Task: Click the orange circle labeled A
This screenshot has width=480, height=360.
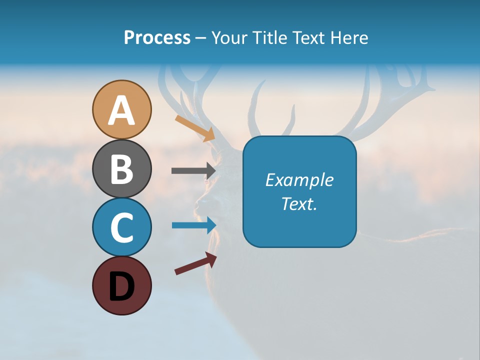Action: click(x=121, y=109)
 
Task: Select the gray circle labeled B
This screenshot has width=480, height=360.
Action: click(x=121, y=168)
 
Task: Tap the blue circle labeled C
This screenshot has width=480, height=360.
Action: click(x=121, y=227)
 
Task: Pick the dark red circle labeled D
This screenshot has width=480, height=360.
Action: click(x=121, y=285)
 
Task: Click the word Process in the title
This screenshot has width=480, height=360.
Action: click(x=157, y=37)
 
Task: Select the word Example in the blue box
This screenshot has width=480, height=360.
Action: click(x=299, y=180)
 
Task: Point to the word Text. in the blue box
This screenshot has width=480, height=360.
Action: click(x=299, y=203)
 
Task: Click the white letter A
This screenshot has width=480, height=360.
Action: click(x=121, y=110)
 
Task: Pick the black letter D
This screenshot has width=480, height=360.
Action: click(x=121, y=286)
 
